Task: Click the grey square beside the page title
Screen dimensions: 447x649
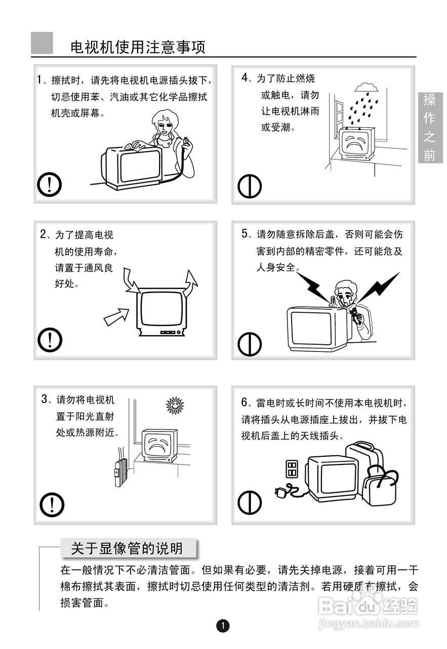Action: click(x=42, y=43)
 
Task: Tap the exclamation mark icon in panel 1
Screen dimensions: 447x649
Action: click(x=49, y=185)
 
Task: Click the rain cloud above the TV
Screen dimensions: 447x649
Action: click(x=367, y=87)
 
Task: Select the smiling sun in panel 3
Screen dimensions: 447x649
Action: click(x=175, y=405)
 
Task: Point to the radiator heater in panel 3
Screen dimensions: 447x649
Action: click(x=120, y=472)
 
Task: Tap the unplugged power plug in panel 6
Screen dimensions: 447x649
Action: click(x=280, y=492)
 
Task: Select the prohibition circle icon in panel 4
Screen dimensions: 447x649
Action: click(x=250, y=186)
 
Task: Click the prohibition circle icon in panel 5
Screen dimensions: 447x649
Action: click(x=250, y=344)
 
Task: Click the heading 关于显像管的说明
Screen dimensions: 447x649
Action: click(x=127, y=548)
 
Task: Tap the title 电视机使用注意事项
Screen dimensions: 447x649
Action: click(x=138, y=47)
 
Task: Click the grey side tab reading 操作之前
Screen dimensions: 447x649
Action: click(x=430, y=127)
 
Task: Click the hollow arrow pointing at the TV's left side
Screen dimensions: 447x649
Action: click(x=116, y=317)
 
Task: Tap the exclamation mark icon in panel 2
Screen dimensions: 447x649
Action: click(x=50, y=340)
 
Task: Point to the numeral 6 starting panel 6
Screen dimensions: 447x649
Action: click(x=244, y=402)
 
